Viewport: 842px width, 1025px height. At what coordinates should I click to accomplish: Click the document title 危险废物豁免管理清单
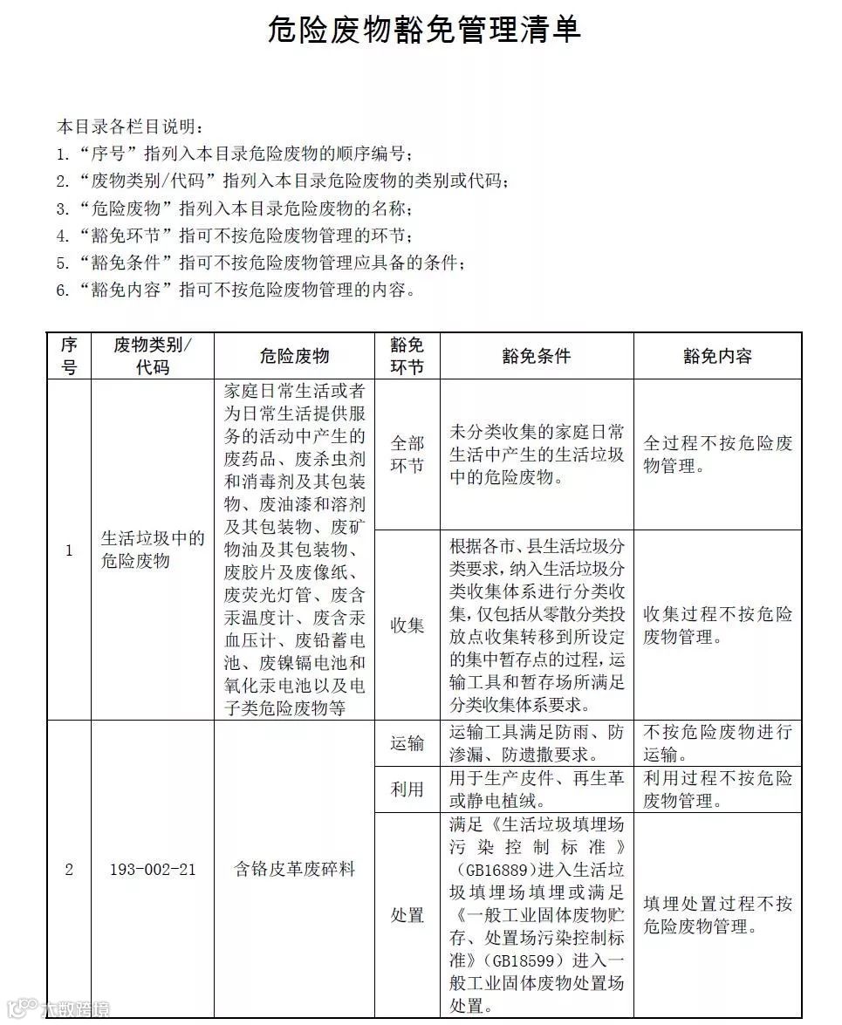423,31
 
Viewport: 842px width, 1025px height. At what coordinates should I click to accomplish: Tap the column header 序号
69,356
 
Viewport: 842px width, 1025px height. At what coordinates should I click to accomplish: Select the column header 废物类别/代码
153,356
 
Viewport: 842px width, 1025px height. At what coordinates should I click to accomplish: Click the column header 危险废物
294,356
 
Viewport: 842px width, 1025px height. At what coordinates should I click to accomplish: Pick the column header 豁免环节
407,356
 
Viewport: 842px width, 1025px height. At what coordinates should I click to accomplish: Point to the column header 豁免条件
537,356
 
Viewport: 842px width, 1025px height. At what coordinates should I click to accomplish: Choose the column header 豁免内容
717,356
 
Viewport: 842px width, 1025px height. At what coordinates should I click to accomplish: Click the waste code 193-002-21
153,870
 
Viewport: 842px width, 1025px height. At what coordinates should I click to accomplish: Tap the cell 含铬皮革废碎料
294,870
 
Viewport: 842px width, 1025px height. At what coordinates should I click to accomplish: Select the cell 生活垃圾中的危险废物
153,550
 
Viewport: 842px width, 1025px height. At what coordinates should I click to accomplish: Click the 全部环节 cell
407,454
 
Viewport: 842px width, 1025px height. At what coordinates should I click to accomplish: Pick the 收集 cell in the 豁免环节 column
407,625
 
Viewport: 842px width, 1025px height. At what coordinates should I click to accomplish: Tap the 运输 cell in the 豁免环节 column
407,743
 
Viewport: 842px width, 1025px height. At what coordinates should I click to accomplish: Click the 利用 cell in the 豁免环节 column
407,789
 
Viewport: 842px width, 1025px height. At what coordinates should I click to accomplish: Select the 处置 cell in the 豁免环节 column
407,915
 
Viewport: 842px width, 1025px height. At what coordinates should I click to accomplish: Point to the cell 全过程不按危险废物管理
717,454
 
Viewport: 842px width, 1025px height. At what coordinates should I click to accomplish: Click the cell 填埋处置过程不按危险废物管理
717,915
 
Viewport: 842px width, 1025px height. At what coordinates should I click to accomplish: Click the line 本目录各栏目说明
130,126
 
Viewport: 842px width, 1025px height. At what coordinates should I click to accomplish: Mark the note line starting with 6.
236,290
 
